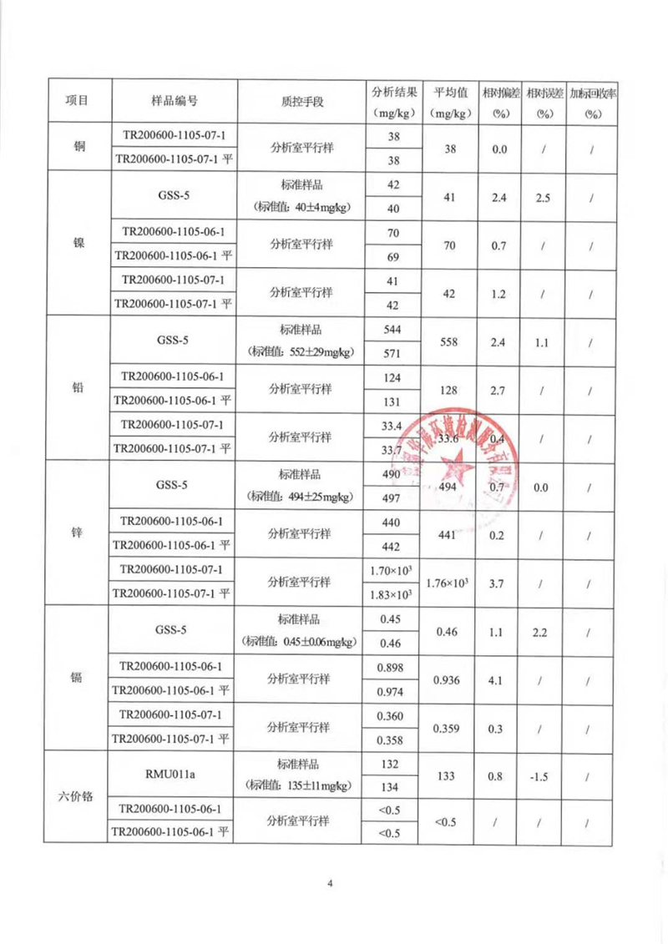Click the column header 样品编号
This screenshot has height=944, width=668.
pyautogui.click(x=174, y=101)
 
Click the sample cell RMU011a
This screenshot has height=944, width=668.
pyautogui.click(x=175, y=774)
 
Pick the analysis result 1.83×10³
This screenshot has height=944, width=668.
pyautogui.click(x=391, y=594)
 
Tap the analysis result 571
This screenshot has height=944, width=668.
pyautogui.click(x=391, y=353)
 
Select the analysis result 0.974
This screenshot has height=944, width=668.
pyautogui.click(x=391, y=692)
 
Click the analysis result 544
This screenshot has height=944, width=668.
pyautogui.click(x=391, y=330)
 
